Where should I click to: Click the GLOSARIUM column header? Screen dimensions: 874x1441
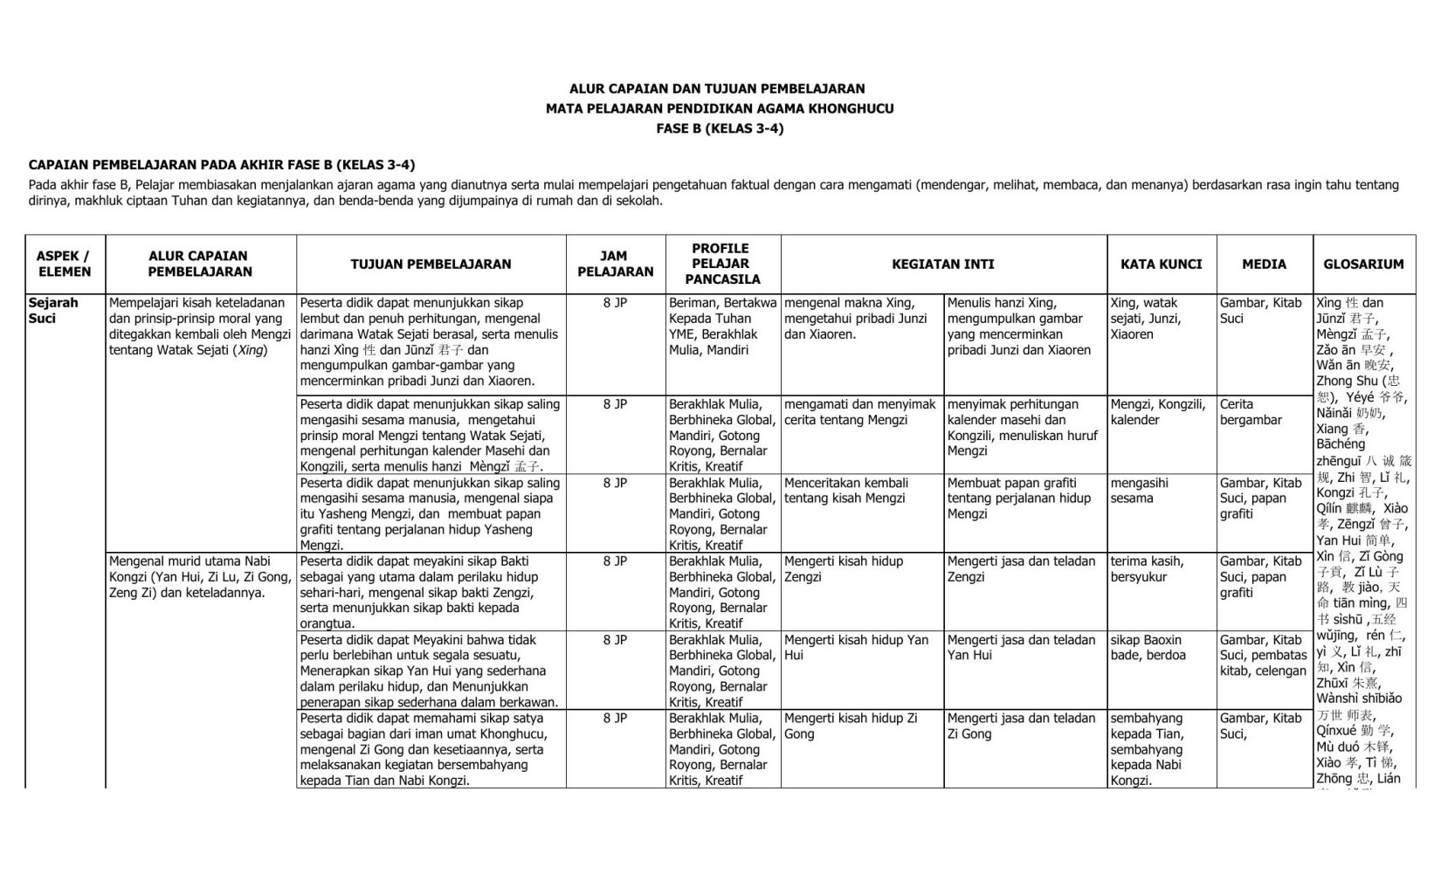click(x=1363, y=264)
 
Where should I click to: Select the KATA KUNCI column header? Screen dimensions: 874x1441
click(x=1161, y=264)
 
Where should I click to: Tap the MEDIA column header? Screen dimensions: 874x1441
click(x=1264, y=264)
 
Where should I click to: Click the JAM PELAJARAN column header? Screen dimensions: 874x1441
click(x=615, y=264)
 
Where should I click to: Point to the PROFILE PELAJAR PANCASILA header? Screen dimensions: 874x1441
click(x=720, y=264)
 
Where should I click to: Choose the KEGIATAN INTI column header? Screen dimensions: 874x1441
click(x=942, y=264)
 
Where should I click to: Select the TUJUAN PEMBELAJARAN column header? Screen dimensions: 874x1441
click(x=431, y=264)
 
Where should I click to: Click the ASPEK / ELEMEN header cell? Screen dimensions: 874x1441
click(x=64, y=264)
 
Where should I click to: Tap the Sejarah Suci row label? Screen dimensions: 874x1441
click(x=53, y=311)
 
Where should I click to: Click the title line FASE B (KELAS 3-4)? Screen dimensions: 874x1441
click(x=720, y=128)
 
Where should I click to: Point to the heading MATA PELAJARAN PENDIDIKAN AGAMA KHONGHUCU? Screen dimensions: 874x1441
click(x=720, y=108)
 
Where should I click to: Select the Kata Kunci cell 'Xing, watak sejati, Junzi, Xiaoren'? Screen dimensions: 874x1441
click(x=1144, y=319)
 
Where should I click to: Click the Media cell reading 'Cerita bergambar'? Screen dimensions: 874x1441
click(x=1250, y=412)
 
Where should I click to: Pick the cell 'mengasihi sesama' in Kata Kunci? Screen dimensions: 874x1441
click(x=1139, y=491)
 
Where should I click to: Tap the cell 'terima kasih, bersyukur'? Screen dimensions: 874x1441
click(x=1147, y=569)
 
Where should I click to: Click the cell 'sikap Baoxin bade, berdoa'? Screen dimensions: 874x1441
click(x=1146, y=648)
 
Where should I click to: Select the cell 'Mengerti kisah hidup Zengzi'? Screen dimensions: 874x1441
click(x=843, y=569)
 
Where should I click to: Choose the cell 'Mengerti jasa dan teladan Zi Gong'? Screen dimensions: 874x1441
click(x=1021, y=726)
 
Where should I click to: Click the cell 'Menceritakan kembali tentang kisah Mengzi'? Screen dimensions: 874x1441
click(x=845, y=491)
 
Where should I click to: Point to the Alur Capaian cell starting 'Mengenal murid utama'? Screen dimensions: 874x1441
click(x=200, y=577)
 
